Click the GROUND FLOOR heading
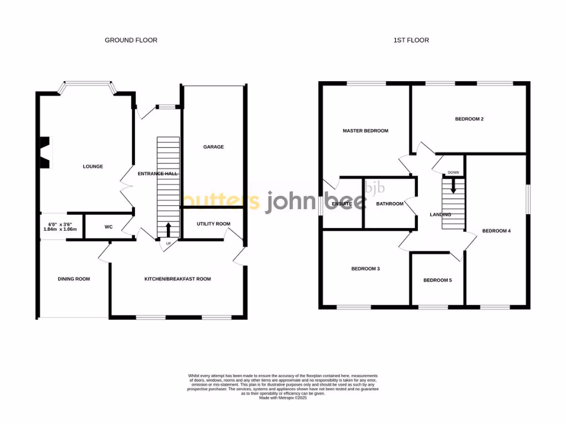[131, 40]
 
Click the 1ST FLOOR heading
[411, 40]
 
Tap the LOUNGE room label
[93, 167]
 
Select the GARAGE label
[213, 147]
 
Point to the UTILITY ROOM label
[214, 224]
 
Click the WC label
[109, 227]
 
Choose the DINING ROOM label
[74, 279]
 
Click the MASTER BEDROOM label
[365, 131]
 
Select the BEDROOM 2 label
[469, 119]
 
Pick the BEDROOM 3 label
[365, 269]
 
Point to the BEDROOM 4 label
[496, 231]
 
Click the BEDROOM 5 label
[437, 280]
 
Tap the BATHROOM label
[390, 204]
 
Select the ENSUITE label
[342, 204]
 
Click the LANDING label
[441, 215]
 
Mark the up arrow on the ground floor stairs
[168, 229]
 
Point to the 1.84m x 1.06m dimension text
[60, 229]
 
